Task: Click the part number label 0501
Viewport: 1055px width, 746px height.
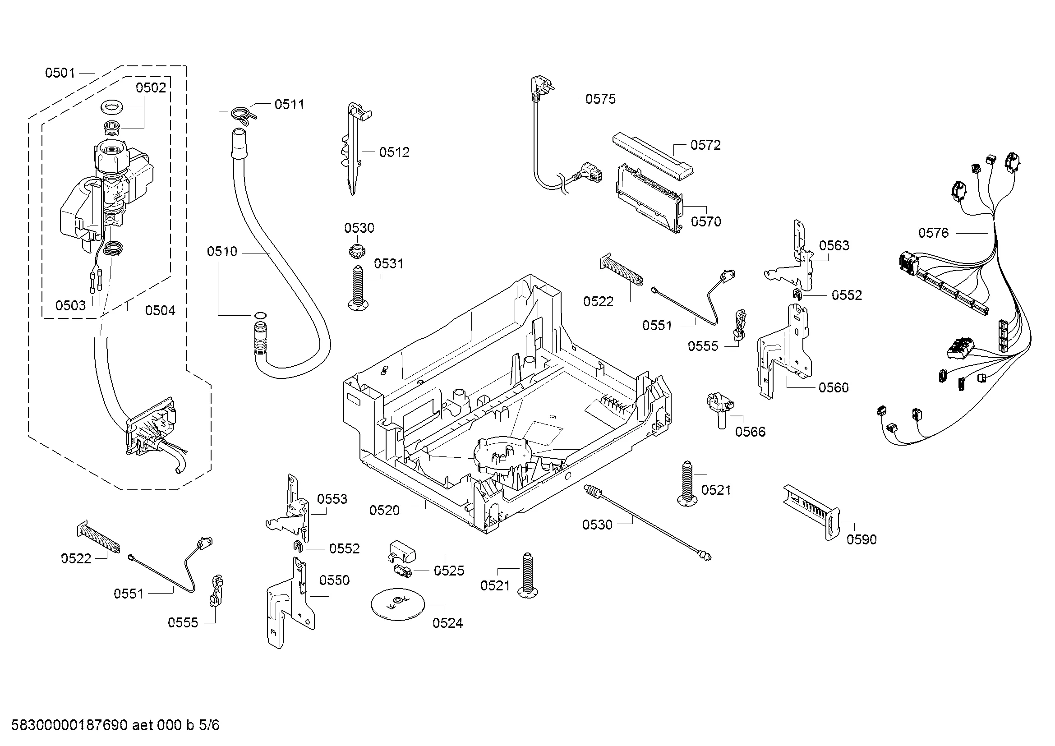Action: [60, 73]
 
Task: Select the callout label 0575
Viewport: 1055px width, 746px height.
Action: [600, 99]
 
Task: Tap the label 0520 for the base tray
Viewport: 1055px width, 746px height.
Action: [384, 511]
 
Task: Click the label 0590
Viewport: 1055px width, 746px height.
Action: [861, 539]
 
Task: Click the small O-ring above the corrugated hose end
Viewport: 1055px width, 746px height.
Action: [260, 316]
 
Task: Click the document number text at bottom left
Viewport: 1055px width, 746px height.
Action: [115, 725]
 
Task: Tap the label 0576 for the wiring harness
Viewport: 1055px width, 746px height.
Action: [933, 233]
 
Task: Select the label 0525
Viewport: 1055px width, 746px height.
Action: [448, 571]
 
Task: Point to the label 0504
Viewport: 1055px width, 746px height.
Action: [160, 311]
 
